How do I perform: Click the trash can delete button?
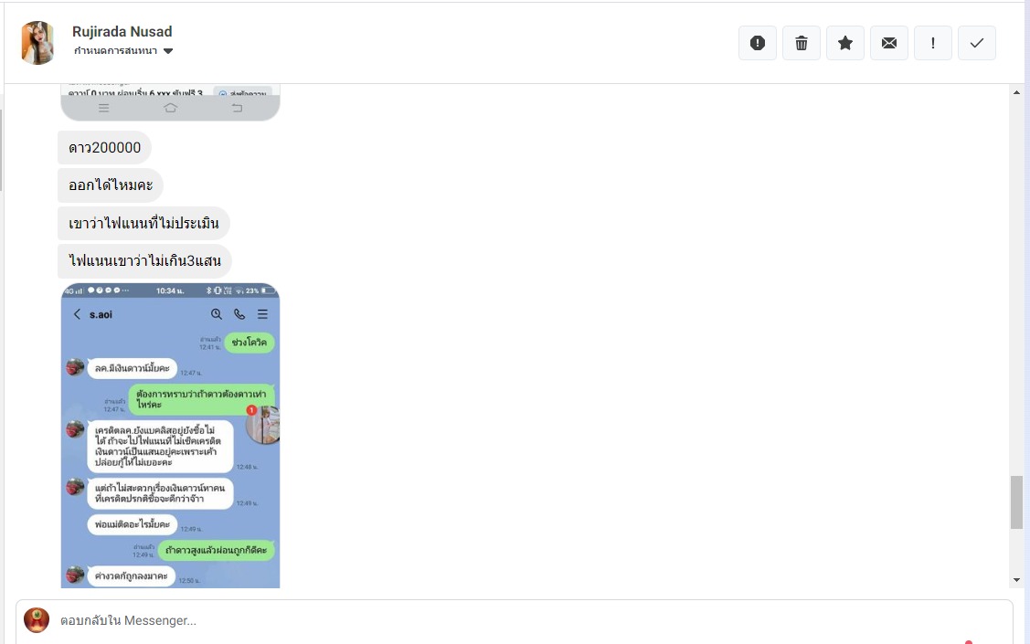[802, 43]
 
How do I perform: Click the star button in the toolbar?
[845, 43]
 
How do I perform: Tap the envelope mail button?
[889, 43]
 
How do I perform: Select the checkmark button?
[977, 43]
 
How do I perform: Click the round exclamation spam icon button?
[758, 43]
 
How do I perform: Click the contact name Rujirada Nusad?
[122, 32]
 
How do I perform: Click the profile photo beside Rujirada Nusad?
[37, 43]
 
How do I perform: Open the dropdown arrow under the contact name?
[168, 51]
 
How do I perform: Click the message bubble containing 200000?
[104, 148]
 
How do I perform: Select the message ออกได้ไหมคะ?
[111, 185]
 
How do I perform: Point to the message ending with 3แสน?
[144, 261]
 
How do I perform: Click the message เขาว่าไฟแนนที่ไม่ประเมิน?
[143, 223]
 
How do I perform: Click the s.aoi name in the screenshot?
[101, 314]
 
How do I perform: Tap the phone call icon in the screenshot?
[239, 314]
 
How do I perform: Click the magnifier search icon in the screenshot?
[217, 314]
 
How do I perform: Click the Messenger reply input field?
[512, 621]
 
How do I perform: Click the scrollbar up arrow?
[1017, 92]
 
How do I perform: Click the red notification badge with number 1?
[251, 410]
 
